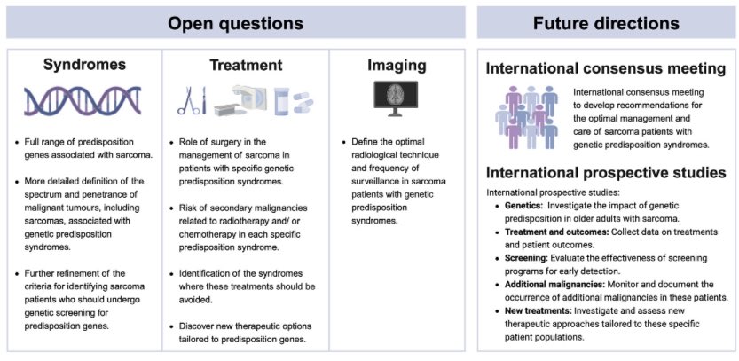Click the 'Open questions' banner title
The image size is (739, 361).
point(236,21)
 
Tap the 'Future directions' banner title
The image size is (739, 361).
point(607,21)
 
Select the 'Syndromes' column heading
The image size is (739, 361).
point(84,65)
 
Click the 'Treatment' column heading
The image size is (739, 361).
point(246,65)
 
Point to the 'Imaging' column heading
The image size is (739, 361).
point(397,65)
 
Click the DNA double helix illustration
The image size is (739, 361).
point(84,100)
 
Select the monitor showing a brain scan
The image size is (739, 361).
point(397,99)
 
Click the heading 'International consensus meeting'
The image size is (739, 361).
point(606,68)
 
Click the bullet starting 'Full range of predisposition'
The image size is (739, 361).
point(89,148)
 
